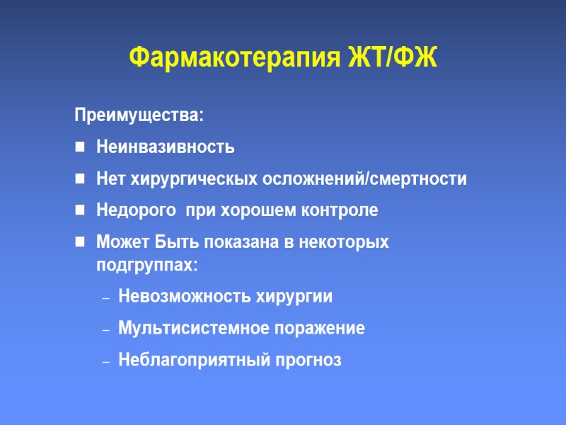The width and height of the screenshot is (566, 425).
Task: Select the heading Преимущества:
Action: click(139, 115)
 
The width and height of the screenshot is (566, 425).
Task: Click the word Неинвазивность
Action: click(165, 147)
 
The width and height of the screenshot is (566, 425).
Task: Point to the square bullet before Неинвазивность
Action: click(80, 147)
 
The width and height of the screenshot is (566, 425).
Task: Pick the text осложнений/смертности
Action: click(365, 178)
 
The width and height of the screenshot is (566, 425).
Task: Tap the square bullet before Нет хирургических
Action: click(80, 178)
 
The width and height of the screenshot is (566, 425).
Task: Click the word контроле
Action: click(342, 210)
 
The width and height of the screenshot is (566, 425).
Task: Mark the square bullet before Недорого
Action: click(80, 210)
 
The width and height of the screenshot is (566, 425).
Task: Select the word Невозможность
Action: click(178, 297)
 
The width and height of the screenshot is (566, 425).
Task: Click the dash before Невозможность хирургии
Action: click(106, 298)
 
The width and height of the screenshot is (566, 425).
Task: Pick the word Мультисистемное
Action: click(187, 329)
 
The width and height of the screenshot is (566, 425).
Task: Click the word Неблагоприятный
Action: click(186, 361)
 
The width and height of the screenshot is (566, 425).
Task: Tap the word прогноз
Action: click(309, 361)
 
